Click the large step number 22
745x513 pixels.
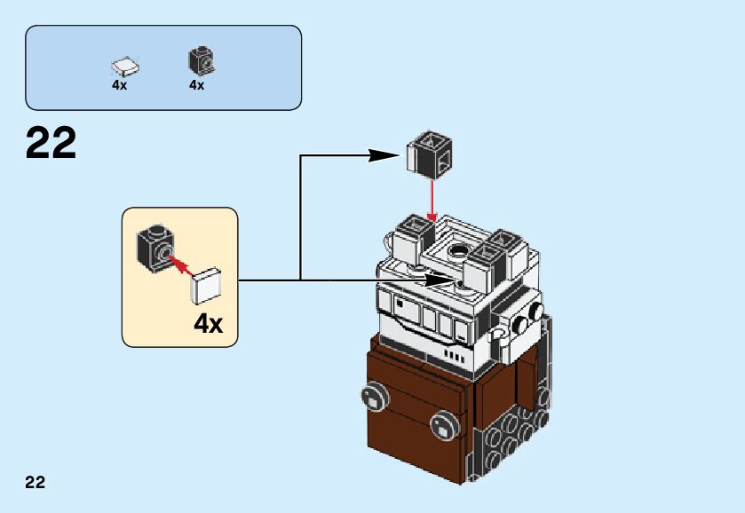[51, 143]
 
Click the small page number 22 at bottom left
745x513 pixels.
[36, 482]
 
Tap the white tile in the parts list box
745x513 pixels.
[125, 67]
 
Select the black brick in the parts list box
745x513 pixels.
[202, 61]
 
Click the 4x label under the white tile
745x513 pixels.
[119, 85]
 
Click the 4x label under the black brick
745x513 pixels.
[197, 85]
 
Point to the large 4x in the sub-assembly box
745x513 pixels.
[208, 324]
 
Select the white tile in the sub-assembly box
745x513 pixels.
[206, 287]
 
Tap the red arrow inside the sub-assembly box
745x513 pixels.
[180, 266]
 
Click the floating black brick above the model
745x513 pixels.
[430, 155]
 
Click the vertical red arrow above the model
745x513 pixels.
[432, 201]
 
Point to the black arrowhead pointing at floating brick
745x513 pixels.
[384, 154]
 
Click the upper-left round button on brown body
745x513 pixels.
[375, 397]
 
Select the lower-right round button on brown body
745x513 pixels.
[445, 426]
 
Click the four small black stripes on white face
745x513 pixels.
[454, 356]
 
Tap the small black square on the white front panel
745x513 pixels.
[400, 302]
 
